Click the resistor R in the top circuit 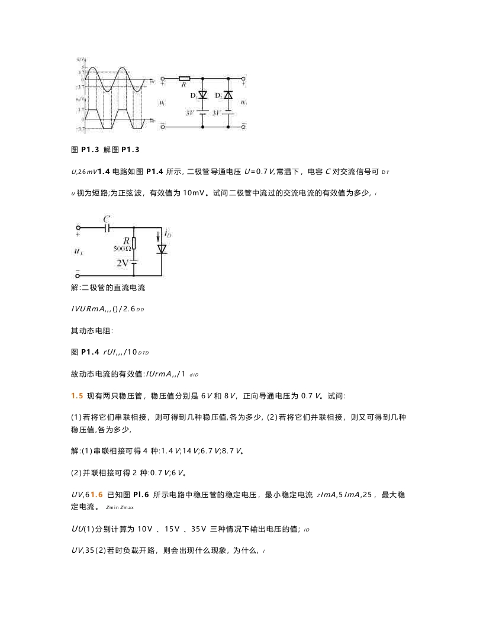[184, 78]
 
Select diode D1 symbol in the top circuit [203, 95]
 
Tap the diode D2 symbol [229, 95]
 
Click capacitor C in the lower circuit [107, 227]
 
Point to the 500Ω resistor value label [122, 249]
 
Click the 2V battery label [122, 262]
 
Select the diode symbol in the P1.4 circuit [161, 249]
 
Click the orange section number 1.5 [76, 394]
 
